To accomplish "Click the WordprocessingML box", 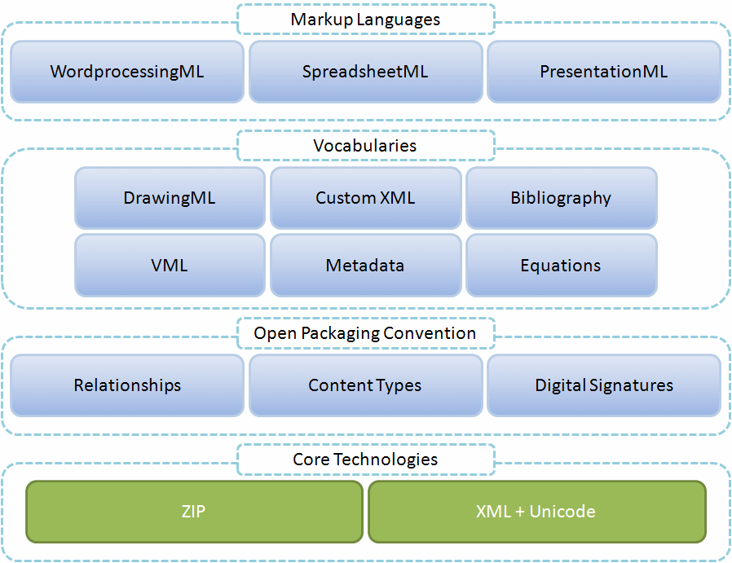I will pyautogui.click(x=127, y=72).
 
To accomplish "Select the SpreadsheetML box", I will pyautogui.click(x=365, y=72).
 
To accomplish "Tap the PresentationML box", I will pyautogui.click(x=603, y=72).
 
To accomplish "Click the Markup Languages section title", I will pyautogui.click(x=365, y=19).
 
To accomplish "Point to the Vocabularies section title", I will pyautogui.click(x=365, y=146).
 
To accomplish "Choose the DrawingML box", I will pyautogui.click(x=170, y=198).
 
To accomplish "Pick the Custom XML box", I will pyautogui.click(x=365, y=198).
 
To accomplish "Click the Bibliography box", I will pyautogui.click(x=561, y=198).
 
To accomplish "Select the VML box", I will pyautogui.click(x=170, y=266).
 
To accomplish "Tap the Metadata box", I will pyautogui.click(x=365, y=266).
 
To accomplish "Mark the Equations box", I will pyautogui.click(x=561, y=266).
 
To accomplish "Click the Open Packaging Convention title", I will pyautogui.click(x=365, y=333).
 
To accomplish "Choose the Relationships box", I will pyautogui.click(x=127, y=385).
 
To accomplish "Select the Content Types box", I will pyautogui.click(x=365, y=385).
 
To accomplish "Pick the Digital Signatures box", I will pyautogui.click(x=603, y=385).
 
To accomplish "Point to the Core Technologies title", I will pyautogui.click(x=365, y=460).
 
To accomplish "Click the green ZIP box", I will pyautogui.click(x=194, y=512).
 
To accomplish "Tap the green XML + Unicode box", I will pyautogui.click(x=536, y=512).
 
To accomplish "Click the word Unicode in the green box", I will pyautogui.click(x=562, y=512).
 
